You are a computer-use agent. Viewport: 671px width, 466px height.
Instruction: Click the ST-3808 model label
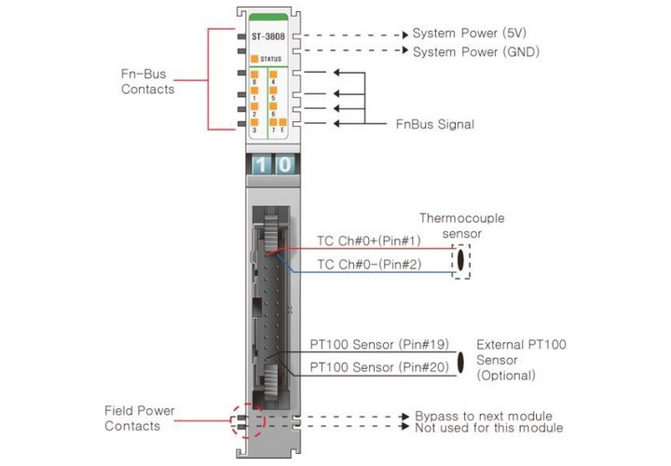[x=267, y=36]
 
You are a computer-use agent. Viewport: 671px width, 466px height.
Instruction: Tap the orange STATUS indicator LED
[x=254, y=59]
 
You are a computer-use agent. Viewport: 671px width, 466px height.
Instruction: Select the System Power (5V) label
[x=469, y=34]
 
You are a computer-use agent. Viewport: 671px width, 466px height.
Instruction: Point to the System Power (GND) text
[x=476, y=52]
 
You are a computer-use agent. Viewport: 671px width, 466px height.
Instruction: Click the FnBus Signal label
[x=435, y=125]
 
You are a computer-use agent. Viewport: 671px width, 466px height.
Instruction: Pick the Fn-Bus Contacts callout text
[x=147, y=81]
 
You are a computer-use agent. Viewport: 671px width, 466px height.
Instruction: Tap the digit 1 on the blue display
[x=261, y=165]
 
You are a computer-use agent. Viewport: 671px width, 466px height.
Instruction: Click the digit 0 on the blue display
[x=284, y=165]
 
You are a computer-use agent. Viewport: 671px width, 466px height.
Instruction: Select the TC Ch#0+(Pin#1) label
[x=369, y=240]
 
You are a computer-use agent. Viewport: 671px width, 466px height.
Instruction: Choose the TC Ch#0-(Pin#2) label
[x=369, y=265]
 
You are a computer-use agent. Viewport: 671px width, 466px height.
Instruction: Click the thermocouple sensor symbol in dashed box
[x=461, y=262]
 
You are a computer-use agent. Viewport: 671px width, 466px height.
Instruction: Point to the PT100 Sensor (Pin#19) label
[x=379, y=345]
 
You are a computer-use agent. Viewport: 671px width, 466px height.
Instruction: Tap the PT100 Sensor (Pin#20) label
[x=379, y=367]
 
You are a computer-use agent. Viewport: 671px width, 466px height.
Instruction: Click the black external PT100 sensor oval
[x=460, y=362]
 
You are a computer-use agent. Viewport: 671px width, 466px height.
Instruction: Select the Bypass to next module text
[x=484, y=416]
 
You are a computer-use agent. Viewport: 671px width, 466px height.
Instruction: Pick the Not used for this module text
[x=488, y=428]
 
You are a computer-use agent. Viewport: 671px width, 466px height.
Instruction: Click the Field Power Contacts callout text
[x=140, y=418]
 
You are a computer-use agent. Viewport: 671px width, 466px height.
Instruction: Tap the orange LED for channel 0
[x=254, y=75]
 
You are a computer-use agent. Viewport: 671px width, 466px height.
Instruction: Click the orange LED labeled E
[x=282, y=122]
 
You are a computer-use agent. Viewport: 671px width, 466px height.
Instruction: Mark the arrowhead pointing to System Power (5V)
[x=405, y=35]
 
